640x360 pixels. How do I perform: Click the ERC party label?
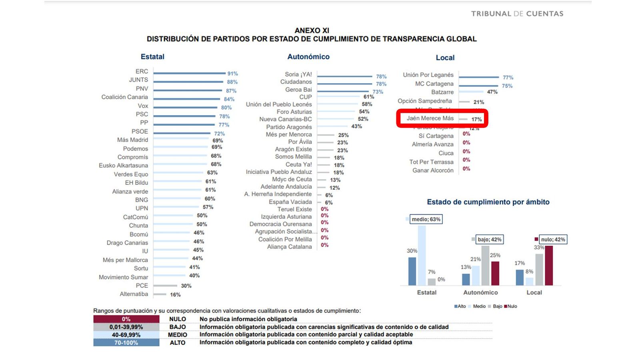click(x=142, y=71)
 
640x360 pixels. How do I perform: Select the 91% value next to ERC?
click(x=232, y=74)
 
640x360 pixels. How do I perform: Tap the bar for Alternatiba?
click(x=160, y=294)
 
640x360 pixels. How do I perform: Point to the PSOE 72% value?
click(x=219, y=134)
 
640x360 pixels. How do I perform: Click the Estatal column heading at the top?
click(x=152, y=57)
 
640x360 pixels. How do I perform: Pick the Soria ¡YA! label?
click(x=298, y=74)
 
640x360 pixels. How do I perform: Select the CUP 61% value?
click(x=368, y=97)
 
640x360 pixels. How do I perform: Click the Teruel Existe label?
click(x=294, y=209)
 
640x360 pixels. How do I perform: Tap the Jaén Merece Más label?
click(x=430, y=118)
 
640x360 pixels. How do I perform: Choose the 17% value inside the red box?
click(x=476, y=119)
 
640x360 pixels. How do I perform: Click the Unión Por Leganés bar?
click(x=479, y=77)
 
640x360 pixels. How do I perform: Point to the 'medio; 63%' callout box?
click(x=426, y=219)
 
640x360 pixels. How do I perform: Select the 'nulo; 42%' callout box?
click(x=553, y=240)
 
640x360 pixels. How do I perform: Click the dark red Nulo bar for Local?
click(x=549, y=266)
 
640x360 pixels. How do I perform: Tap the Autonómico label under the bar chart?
click(x=480, y=292)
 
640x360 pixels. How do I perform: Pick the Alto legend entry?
click(x=460, y=306)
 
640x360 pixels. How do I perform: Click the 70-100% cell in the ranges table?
click(x=126, y=343)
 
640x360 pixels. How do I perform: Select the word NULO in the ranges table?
click(x=178, y=319)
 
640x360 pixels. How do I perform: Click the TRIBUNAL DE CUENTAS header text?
click(x=517, y=14)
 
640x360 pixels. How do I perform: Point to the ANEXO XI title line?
click(x=312, y=30)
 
